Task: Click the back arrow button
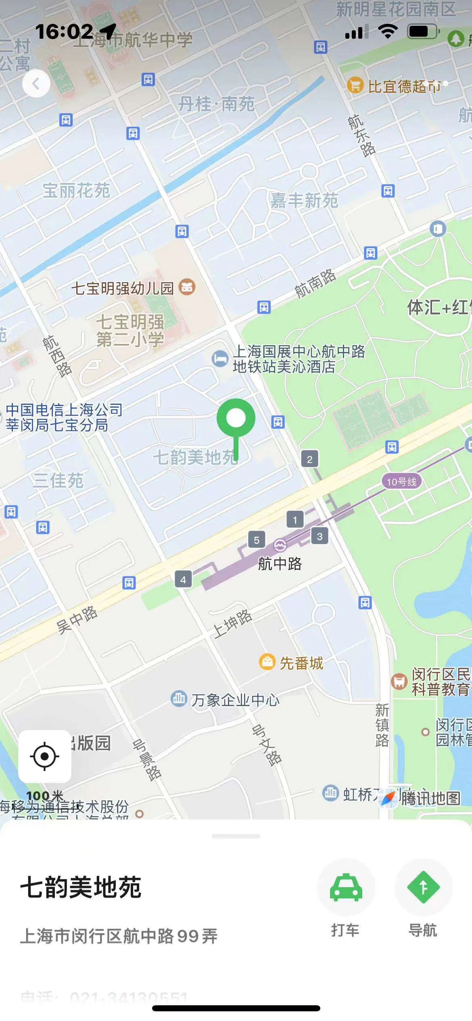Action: (36, 83)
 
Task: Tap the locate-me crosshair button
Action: (45, 756)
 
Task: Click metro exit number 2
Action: (309, 459)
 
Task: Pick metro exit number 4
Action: (183, 580)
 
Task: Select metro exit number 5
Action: (257, 540)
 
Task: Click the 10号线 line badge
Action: (401, 481)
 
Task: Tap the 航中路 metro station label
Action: (280, 564)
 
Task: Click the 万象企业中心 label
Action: (235, 700)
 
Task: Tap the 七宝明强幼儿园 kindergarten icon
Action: (187, 287)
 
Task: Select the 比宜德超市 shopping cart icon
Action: (355, 85)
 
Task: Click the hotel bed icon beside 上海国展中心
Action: (220, 358)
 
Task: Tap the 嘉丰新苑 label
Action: (304, 200)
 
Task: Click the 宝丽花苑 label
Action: (76, 190)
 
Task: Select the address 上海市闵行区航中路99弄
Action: (119, 936)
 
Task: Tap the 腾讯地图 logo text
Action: (430, 798)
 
